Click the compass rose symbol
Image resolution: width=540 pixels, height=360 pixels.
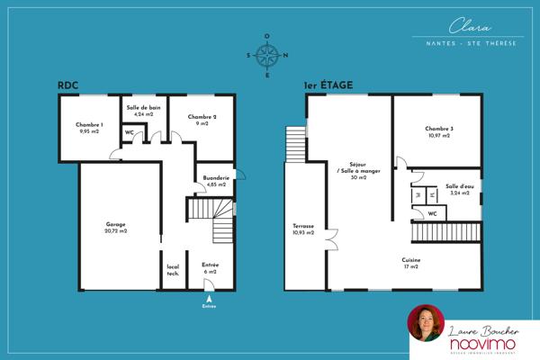pos(266,56)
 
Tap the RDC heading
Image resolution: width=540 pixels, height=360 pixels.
pos(67,85)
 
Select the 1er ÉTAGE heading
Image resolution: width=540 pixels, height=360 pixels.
pos(328,85)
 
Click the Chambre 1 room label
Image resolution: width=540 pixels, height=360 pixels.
pos(89,128)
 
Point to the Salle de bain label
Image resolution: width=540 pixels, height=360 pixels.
pos(143,111)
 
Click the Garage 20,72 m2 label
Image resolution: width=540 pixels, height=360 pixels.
pos(115,228)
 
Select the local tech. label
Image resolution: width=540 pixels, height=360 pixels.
pos(173,270)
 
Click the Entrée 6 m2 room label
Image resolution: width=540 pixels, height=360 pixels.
pos(210,267)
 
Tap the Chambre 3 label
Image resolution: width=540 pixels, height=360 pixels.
pos(439,131)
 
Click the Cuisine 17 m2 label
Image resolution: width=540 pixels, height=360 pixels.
pos(412,264)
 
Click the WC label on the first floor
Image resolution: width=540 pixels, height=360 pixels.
pos(432,213)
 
